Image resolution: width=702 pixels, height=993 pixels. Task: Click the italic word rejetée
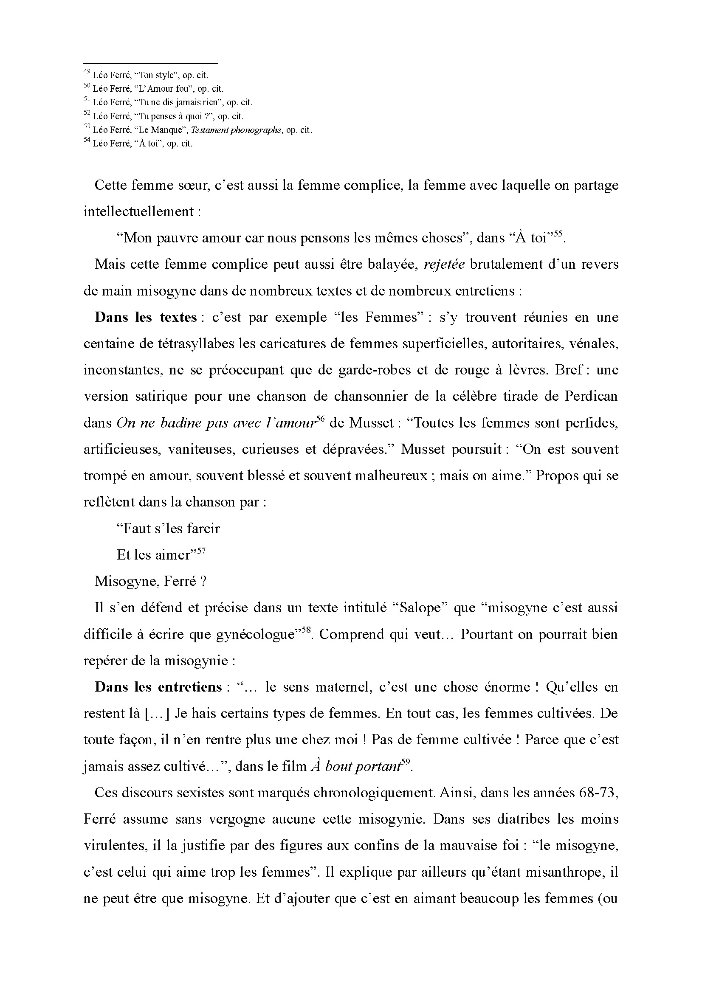444,264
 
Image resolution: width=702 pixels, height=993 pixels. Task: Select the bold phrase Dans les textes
146,318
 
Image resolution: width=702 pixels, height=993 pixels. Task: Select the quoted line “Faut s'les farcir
168,529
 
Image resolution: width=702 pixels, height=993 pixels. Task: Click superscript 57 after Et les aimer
201,551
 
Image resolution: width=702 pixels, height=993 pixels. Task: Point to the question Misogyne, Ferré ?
150,581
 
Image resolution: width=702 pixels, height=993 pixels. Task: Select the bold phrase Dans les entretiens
158,687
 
